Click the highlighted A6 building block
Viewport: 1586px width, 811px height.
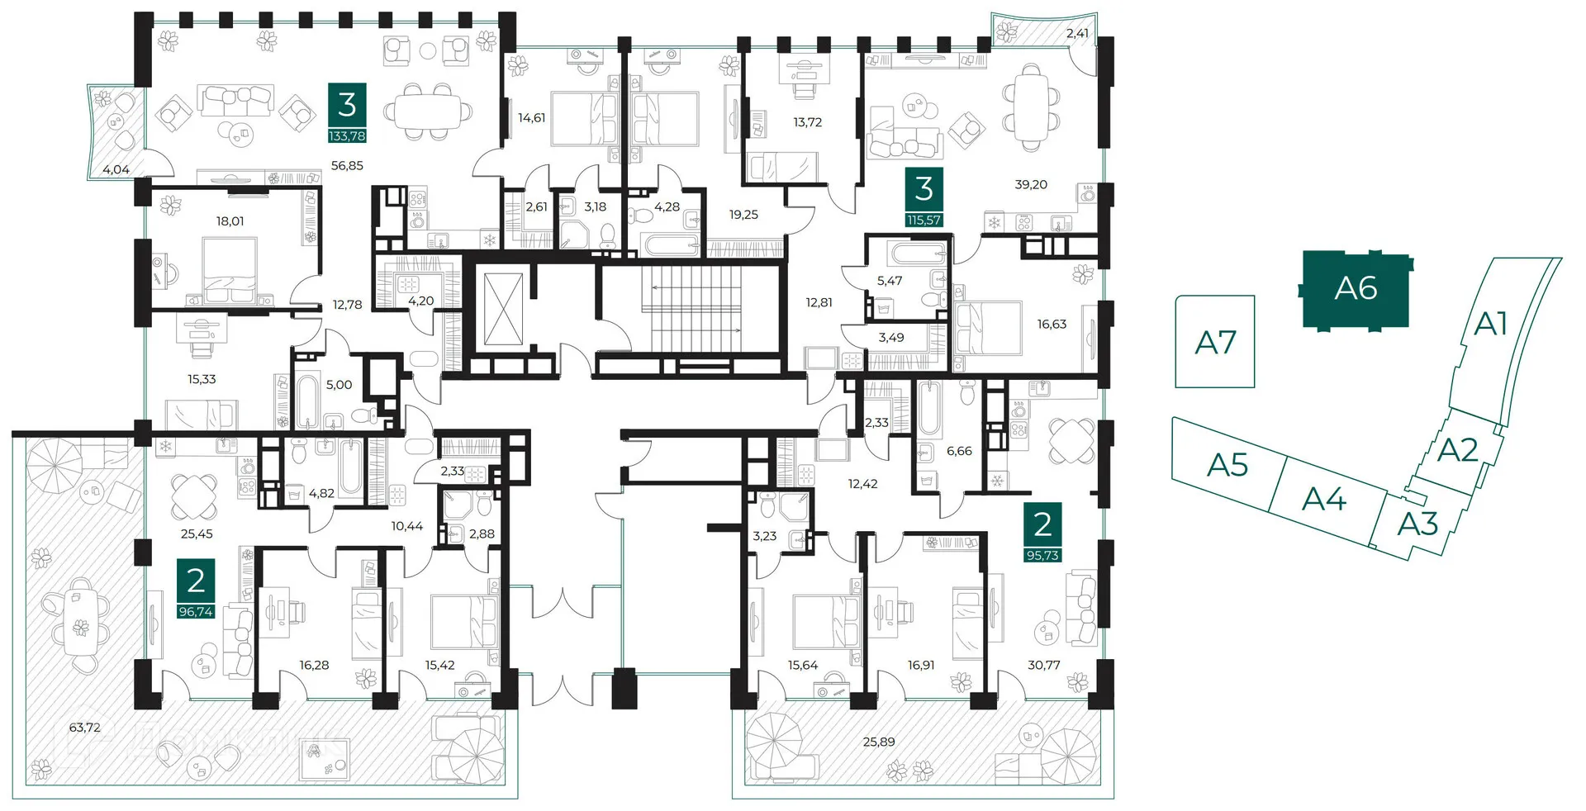(1356, 289)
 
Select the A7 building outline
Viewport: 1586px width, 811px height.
(1215, 342)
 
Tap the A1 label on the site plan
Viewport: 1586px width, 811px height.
(1491, 324)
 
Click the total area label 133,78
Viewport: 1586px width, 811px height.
(347, 136)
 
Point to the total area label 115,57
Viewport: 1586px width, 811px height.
(924, 221)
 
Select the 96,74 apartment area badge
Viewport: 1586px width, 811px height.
(196, 612)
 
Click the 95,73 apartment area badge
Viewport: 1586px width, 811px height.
(1042, 556)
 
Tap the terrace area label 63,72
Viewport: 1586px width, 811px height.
(85, 728)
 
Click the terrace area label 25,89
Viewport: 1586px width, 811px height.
(879, 742)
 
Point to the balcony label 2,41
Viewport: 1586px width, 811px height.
(1077, 33)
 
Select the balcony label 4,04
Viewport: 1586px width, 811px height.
(116, 169)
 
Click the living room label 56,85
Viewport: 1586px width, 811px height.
(347, 165)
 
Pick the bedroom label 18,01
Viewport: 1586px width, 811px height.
(230, 221)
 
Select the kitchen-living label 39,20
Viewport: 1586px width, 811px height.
(1031, 184)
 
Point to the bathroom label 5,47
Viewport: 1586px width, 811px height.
(890, 281)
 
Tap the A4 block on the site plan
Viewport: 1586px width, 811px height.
(1324, 499)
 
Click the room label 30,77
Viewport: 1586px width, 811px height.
(1044, 665)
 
